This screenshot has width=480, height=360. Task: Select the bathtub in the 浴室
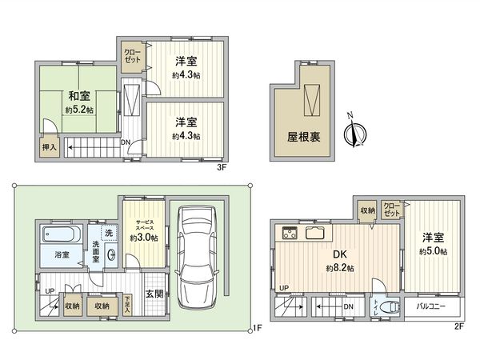pyautogui.click(x=59, y=237)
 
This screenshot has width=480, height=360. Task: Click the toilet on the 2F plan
pyautogui.click(x=391, y=307)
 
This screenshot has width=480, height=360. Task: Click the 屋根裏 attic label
pyautogui.click(x=304, y=137)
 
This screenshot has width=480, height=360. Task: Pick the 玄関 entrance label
pyautogui.click(x=154, y=294)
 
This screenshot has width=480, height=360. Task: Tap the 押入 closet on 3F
pyautogui.click(x=50, y=147)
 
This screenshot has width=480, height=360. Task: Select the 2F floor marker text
pyautogui.click(x=459, y=326)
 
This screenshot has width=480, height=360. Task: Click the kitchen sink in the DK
pyautogui.click(x=315, y=234)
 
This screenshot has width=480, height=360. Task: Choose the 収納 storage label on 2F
pyautogui.click(x=366, y=211)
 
